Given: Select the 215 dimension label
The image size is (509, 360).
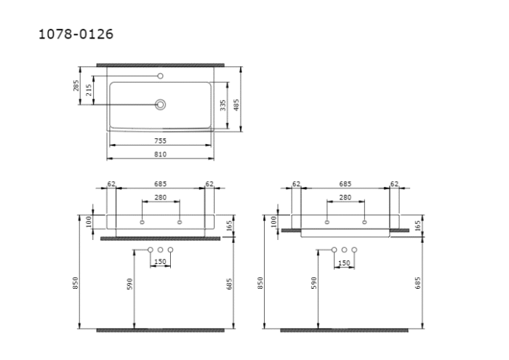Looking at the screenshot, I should click(89, 90).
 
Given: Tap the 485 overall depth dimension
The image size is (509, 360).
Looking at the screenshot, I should click(236, 105).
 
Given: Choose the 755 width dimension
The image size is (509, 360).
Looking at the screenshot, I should click(160, 140).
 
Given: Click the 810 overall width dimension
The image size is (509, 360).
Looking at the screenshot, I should click(160, 154).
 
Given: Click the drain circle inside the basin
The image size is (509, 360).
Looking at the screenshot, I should click(161, 104).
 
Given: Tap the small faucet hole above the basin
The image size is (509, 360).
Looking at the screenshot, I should click(161, 76).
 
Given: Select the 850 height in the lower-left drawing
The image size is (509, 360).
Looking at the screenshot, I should click(76, 282).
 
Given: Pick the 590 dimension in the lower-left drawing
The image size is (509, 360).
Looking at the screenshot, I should click(129, 282).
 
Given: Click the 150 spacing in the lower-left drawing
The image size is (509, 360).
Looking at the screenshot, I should click(160, 262).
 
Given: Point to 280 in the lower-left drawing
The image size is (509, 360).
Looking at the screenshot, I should click(160, 197).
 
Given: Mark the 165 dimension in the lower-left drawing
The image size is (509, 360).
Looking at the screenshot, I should click(228, 226).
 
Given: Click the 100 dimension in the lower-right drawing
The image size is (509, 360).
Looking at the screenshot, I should click(273, 221).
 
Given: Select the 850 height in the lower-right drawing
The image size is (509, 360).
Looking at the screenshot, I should click(260, 282).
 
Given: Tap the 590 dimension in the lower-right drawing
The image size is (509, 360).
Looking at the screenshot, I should click(313, 282).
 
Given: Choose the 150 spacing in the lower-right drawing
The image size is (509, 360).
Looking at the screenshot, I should click(345, 262).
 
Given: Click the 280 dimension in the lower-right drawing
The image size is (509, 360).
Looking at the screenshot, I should click(345, 197).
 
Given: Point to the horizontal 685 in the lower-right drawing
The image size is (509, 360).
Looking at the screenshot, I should click(345, 184).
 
